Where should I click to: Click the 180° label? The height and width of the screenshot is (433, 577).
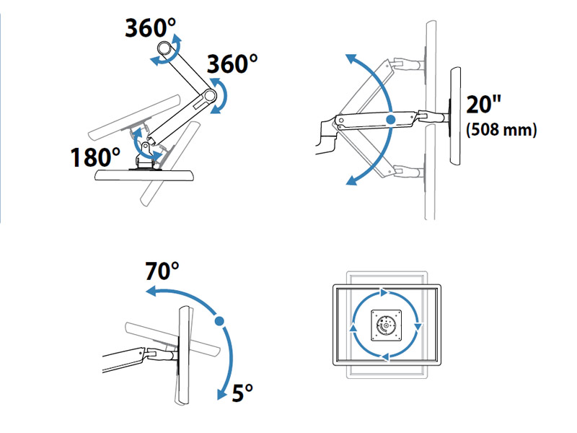(x=95, y=157)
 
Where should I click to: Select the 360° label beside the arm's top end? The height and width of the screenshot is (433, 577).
(x=150, y=28)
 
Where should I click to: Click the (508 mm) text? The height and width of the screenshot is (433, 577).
(x=501, y=131)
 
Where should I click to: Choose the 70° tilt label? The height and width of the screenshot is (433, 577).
(x=162, y=271)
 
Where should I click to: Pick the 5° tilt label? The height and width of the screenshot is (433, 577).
(x=243, y=393)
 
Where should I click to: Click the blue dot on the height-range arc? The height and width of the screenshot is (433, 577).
(x=390, y=119)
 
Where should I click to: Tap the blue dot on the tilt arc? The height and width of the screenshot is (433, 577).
(x=219, y=320)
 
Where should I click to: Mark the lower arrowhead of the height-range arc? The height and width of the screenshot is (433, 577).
(x=351, y=180)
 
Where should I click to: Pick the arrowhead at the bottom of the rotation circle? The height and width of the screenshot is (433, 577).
(x=385, y=356)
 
